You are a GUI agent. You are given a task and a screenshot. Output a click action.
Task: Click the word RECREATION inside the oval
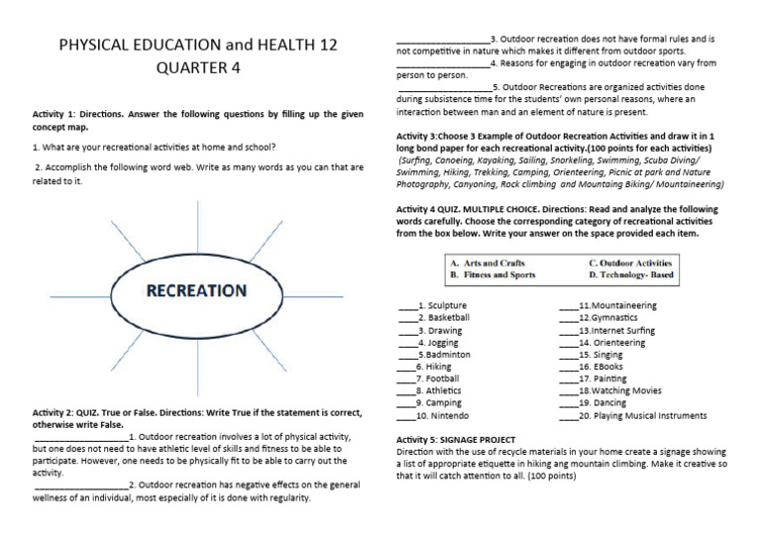(x=196, y=290)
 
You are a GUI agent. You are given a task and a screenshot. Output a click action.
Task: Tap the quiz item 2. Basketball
(x=442, y=317)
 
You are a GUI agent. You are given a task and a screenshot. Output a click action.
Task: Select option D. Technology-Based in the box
(x=629, y=274)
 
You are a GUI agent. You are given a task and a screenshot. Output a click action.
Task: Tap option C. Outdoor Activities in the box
(x=629, y=263)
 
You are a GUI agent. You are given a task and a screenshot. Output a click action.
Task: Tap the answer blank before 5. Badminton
(x=407, y=354)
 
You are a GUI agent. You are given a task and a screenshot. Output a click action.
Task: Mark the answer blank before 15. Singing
(x=568, y=354)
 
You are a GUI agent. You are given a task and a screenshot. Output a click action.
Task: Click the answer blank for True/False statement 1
(x=80, y=436)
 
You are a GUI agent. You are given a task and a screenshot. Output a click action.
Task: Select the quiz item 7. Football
(x=436, y=378)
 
